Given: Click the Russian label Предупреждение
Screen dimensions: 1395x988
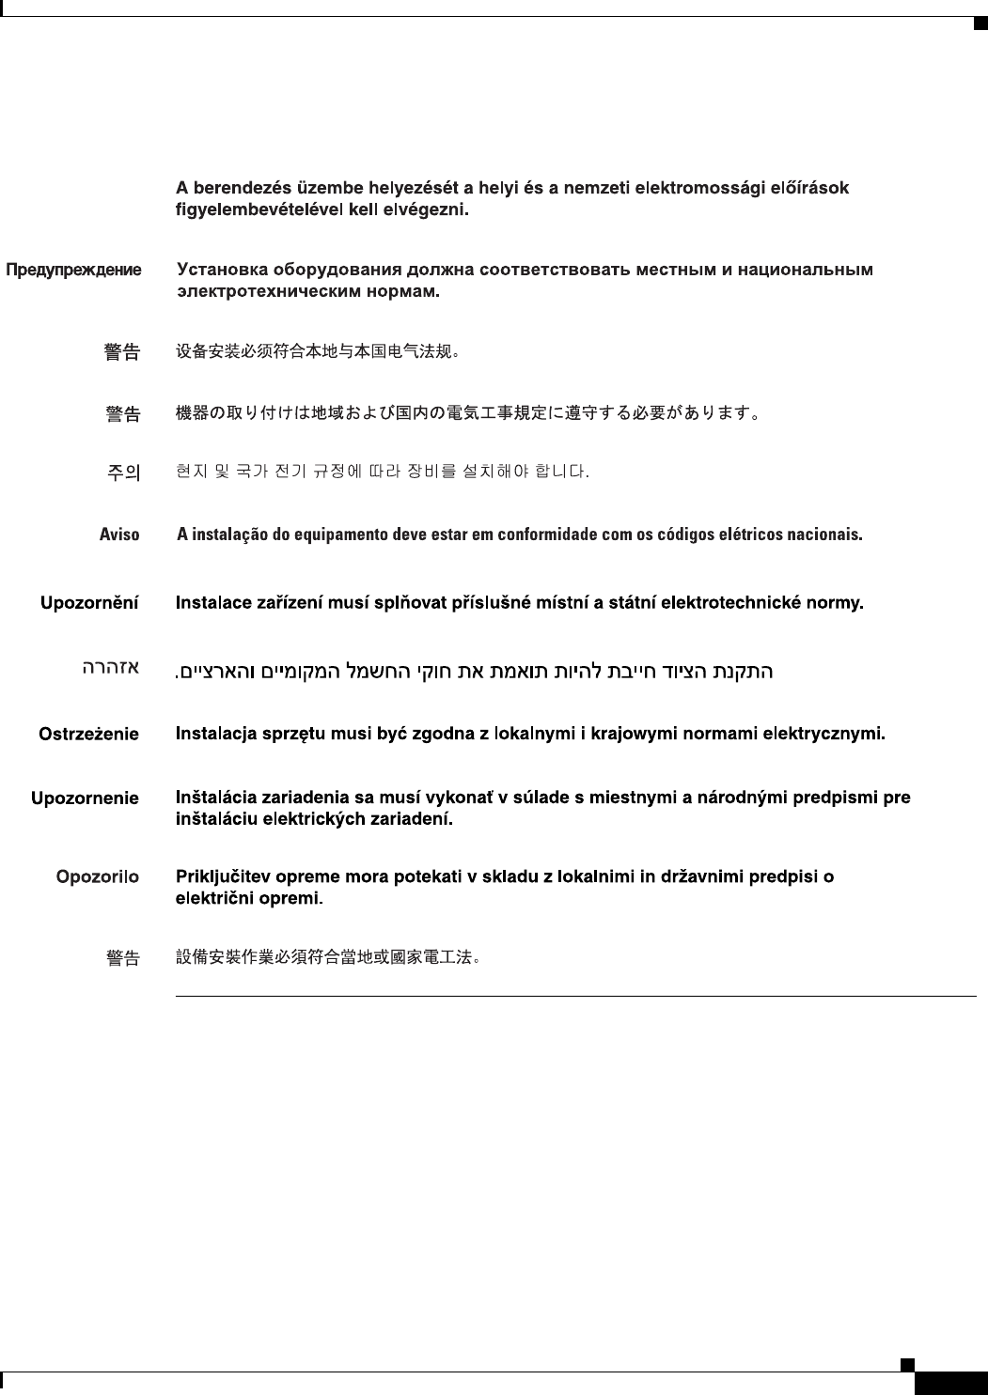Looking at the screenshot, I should (74, 271).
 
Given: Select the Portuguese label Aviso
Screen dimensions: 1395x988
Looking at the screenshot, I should (119, 535).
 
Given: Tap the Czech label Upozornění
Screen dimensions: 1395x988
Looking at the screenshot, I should (89, 603).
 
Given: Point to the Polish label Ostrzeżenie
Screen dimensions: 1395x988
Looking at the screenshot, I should (88, 734).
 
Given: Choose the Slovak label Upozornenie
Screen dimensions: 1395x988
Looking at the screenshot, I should (85, 798).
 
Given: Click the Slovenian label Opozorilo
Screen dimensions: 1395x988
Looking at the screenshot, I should (97, 877).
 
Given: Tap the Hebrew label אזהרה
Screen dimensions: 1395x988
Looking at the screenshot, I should (110, 668).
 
